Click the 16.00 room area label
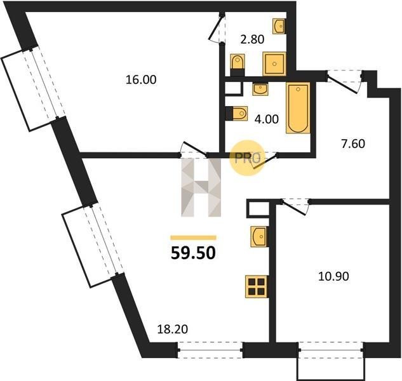(x=141, y=80)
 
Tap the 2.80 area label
(x=252, y=40)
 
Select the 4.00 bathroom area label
(x=267, y=119)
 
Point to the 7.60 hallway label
(x=353, y=144)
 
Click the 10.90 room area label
(x=333, y=276)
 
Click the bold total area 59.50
(x=193, y=253)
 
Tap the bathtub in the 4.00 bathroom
(x=298, y=108)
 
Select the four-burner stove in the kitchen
(x=257, y=286)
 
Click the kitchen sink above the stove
(x=259, y=236)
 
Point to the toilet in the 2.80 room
(x=238, y=65)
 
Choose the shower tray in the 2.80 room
(x=274, y=64)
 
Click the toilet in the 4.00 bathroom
(x=236, y=113)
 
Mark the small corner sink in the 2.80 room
(x=279, y=26)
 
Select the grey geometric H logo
(x=201, y=187)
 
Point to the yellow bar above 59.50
(x=193, y=237)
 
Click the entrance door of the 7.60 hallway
(x=345, y=82)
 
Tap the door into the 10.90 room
(x=295, y=206)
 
